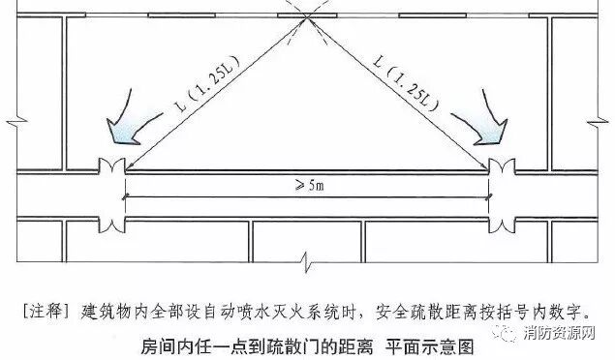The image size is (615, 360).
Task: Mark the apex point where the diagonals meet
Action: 306,16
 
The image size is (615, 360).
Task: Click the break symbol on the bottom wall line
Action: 307,260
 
